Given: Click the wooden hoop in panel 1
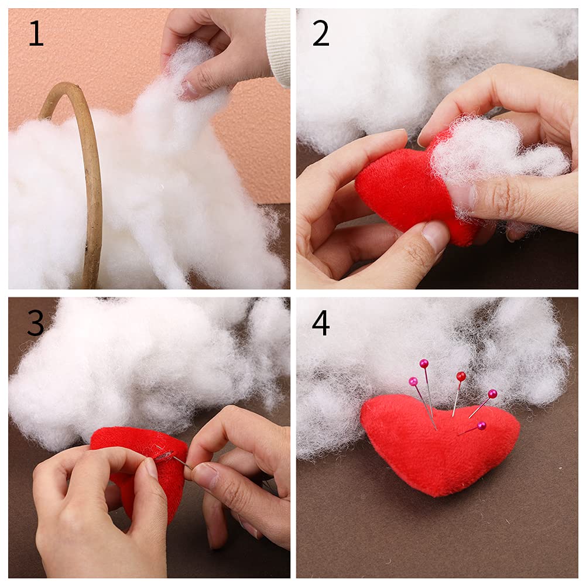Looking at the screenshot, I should click(x=91, y=176).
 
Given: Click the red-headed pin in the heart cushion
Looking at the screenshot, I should click(x=461, y=376).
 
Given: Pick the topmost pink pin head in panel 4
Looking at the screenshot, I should click(x=424, y=364).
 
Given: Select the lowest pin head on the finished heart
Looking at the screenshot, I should click(x=481, y=426).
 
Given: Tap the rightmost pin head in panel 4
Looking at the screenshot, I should click(x=492, y=393).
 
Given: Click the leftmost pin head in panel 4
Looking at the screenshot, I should click(x=413, y=382).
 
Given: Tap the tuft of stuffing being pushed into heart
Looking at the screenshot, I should click(x=492, y=152).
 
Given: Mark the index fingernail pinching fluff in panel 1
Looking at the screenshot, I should click(x=190, y=89).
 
